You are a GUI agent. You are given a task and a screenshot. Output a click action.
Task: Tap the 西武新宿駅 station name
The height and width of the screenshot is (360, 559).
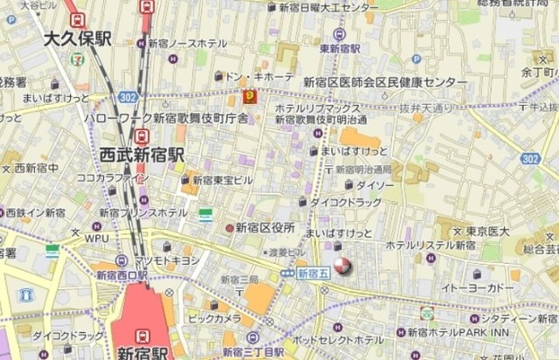point(141,155)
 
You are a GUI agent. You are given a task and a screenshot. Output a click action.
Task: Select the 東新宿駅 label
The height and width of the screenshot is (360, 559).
point(340,49)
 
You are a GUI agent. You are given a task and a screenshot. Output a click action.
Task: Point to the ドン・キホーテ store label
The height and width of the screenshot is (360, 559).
point(260,77)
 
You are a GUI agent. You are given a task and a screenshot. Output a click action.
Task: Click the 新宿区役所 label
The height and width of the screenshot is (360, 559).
point(265,227)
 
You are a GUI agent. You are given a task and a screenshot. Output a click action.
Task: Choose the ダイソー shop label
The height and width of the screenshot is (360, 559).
point(376,185)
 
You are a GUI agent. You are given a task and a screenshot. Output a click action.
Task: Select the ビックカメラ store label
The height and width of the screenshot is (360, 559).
point(214,319)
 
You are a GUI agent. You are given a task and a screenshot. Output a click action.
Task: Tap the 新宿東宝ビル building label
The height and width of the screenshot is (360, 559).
point(223,180)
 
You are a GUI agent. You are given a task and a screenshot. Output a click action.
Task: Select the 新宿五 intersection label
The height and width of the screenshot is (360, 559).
point(312,273)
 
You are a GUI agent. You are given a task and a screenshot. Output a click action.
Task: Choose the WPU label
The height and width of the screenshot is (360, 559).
point(97,237)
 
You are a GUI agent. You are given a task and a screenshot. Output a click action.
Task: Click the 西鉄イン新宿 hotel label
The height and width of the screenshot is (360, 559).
point(35,212)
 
